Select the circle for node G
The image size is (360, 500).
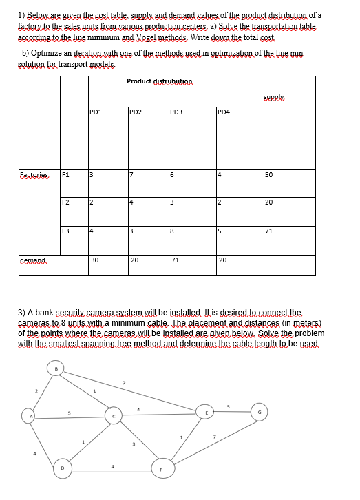point(260,413)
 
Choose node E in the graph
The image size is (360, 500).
point(203,413)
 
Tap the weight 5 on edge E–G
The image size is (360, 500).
point(230,406)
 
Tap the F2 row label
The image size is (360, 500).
point(66,202)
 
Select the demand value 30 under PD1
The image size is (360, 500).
point(95,259)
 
